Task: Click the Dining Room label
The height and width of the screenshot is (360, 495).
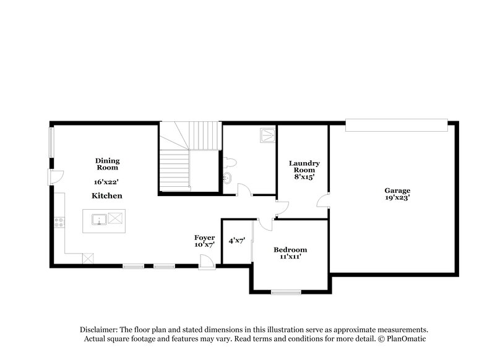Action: coord(107,164)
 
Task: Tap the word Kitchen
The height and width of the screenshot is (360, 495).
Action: coord(107,195)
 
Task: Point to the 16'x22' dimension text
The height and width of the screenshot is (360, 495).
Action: coord(106,182)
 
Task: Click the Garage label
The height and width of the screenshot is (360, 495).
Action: coord(397,191)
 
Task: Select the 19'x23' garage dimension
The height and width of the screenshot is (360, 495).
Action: coord(397,198)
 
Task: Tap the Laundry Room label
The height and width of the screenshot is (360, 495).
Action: coord(304,166)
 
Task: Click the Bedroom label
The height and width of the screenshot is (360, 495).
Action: coord(290,249)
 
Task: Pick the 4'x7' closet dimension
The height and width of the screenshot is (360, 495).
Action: coord(237,241)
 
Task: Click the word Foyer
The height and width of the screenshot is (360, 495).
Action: coord(204,237)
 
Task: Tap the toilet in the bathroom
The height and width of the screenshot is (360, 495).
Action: coord(231,163)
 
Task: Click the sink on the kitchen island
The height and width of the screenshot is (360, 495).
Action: coord(98,219)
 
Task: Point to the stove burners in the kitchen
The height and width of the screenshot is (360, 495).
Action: coord(59,221)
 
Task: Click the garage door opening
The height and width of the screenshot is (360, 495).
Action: coord(396,126)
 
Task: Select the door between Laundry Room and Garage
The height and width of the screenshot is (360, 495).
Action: coord(324,202)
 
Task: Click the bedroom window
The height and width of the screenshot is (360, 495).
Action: coord(286,291)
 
